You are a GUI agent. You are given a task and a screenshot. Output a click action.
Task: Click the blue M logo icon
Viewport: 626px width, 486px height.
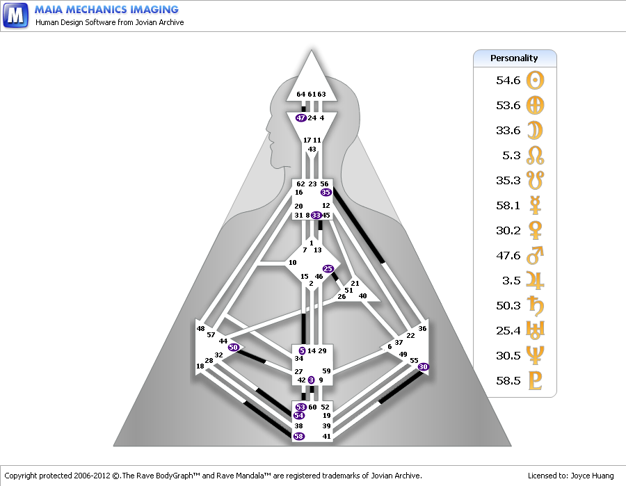[15, 15]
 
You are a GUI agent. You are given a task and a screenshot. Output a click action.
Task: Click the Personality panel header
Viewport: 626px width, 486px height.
[514, 58]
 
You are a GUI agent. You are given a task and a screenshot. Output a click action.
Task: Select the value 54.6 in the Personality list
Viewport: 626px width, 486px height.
[508, 81]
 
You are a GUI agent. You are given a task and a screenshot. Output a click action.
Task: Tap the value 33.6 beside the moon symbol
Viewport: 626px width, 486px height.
[508, 131]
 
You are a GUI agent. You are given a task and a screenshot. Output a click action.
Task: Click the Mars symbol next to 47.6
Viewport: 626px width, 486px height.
[536, 256]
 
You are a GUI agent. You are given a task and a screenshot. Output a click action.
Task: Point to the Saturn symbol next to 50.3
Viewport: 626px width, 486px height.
[536, 306]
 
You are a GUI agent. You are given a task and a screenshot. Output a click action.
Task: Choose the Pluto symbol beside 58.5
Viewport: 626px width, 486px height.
[536, 381]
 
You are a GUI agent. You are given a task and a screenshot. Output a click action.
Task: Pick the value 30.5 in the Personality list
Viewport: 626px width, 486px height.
[508, 356]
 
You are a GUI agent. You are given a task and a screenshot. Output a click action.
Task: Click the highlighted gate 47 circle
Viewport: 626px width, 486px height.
[300, 118]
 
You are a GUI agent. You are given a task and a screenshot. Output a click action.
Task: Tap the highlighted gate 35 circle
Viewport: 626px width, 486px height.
[326, 192]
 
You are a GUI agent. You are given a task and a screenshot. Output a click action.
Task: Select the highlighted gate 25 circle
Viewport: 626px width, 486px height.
[328, 268]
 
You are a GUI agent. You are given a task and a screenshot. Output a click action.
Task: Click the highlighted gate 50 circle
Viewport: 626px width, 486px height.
[234, 347]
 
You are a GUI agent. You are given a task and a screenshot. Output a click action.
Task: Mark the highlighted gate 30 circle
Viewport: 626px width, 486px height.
[424, 366]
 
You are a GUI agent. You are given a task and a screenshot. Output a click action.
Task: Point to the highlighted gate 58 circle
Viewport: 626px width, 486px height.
[299, 436]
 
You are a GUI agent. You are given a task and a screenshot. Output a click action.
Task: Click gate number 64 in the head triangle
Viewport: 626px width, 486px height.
[300, 94]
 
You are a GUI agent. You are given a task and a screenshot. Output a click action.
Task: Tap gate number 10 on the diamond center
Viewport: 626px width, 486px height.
[293, 262]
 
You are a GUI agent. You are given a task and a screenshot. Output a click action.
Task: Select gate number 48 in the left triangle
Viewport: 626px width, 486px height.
[200, 328]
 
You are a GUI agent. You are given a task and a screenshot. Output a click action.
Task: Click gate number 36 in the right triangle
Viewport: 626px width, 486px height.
[422, 328]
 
